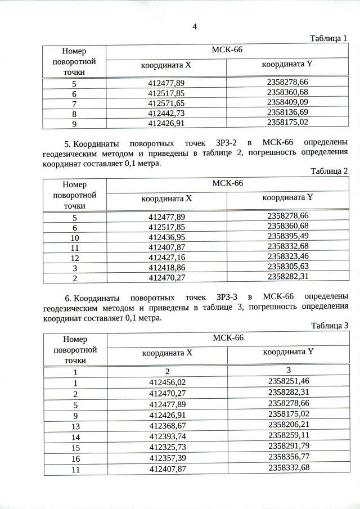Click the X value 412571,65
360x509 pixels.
(166, 103)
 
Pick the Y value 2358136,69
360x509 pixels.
(288, 112)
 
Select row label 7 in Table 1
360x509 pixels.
(74, 103)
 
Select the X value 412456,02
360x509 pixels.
(167, 382)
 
